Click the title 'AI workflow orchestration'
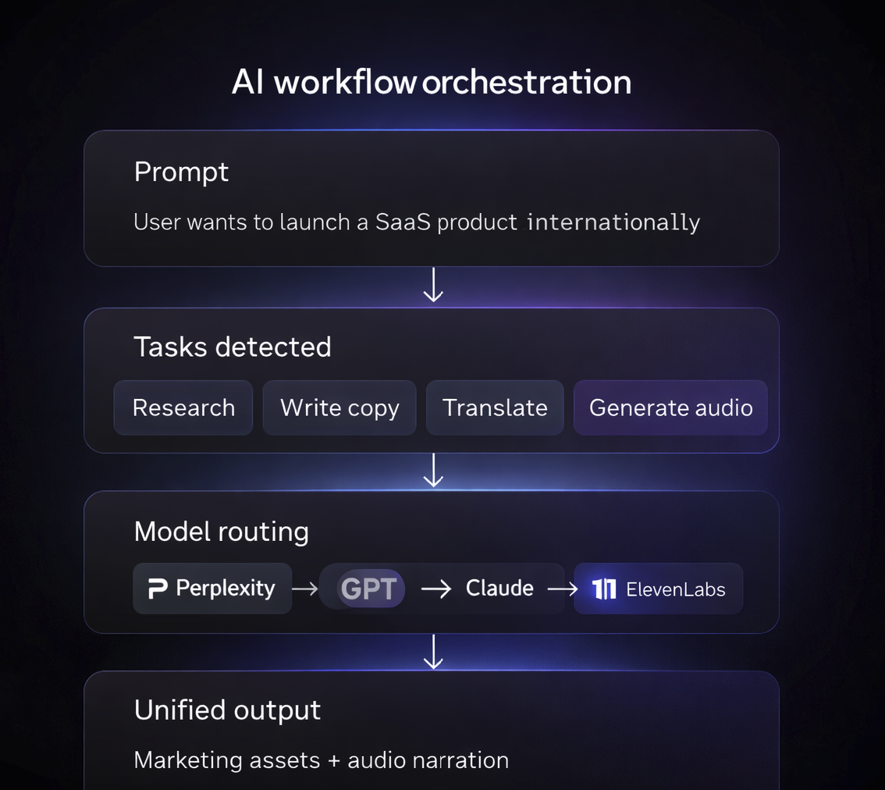coord(432,82)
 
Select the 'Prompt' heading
coord(181,172)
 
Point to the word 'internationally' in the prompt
coord(613,222)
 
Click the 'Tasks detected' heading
coord(233,347)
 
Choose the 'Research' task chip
coord(183,407)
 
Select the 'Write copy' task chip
coord(339,407)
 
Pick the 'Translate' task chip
coord(495,407)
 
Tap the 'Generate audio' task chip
coord(670,407)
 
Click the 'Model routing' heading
coord(222,532)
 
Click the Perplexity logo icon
coord(158,589)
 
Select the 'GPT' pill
coord(369,589)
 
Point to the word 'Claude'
coord(499,588)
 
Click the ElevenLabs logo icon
coord(604,589)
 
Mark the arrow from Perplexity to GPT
coord(305,589)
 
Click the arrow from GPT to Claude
coord(436,589)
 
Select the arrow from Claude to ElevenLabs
coord(562,589)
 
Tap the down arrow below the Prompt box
coord(433,285)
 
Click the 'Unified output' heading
coord(227,710)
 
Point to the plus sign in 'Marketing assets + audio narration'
coord(334,760)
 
